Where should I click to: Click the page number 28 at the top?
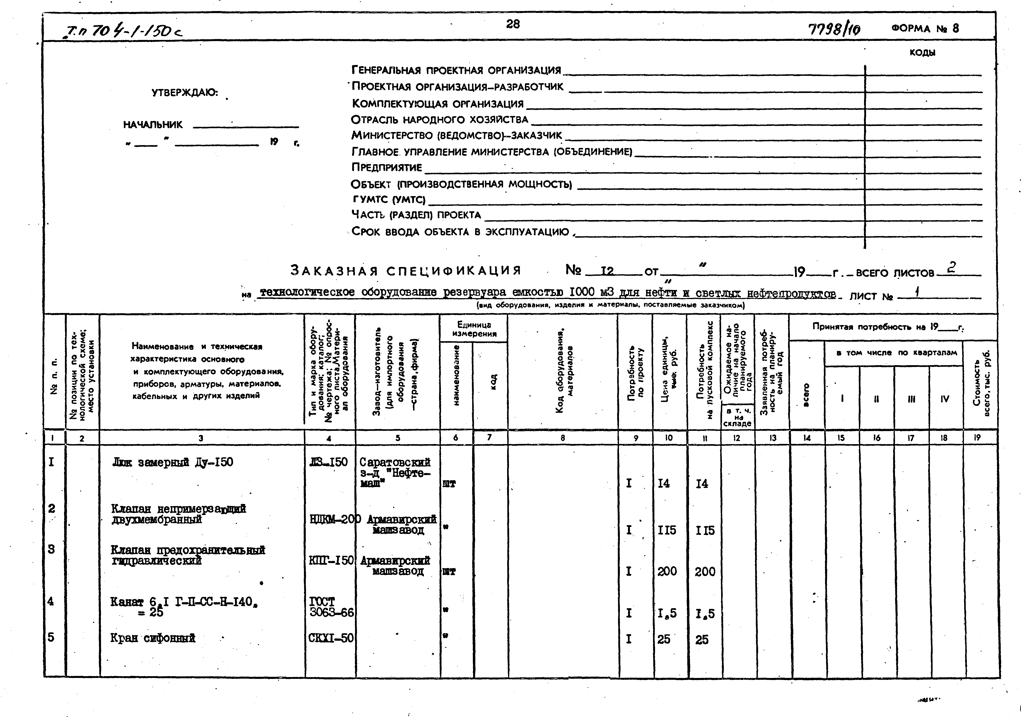(513, 24)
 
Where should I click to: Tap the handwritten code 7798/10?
(834, 29)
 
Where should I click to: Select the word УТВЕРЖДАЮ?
(184, 93)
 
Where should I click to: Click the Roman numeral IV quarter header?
(945, 399)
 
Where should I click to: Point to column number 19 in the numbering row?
(977, 438)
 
